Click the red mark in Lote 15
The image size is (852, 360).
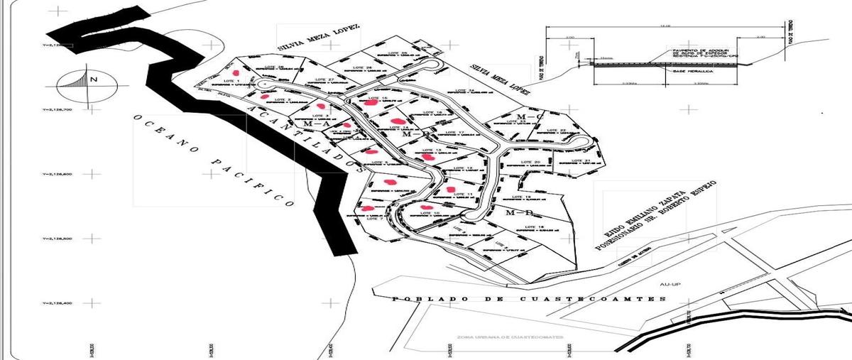click(371, 102)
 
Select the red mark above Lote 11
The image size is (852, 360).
click(450, 188)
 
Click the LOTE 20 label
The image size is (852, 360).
click(531, 163)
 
